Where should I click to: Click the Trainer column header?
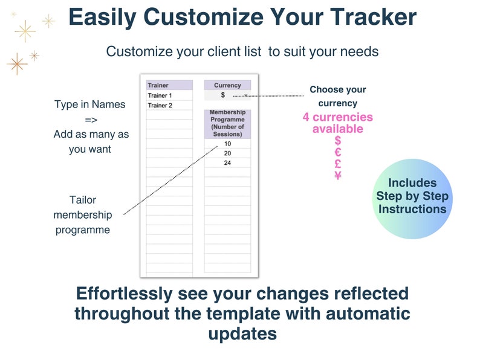click(169, 85)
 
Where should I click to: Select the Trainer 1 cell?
click(169, 95)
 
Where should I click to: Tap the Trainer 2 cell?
click(169, 105)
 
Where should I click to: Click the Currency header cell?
click(227, 85)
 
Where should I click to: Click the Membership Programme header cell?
click(227, 124)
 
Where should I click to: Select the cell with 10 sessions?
click(227, 144)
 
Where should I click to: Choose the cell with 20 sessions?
click(227, 153)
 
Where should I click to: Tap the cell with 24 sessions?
click(227, 163)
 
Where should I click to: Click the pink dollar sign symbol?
click(338, 141)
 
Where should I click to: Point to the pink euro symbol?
click(338, 152)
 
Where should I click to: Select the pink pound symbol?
click(338, 164)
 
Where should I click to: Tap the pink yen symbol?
click(338, 176)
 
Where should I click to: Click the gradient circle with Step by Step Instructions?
click(412, 196)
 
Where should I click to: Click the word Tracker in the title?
click(371, 17)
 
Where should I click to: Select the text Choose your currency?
click(338, 96)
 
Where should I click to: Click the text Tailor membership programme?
click(83, 214)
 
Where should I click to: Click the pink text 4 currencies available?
click(338, 123)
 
